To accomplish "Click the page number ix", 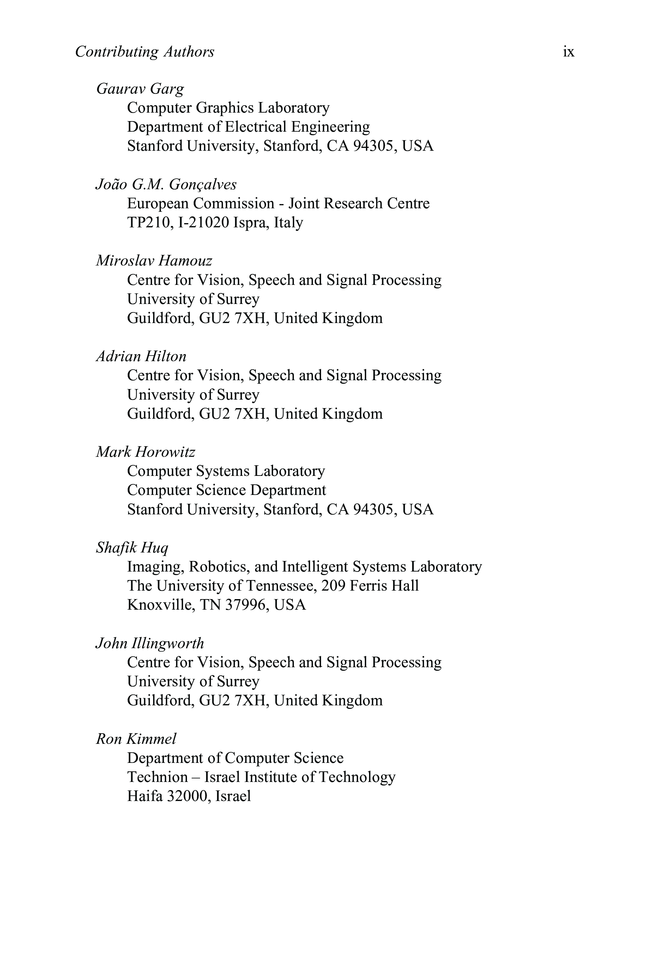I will [568, 52].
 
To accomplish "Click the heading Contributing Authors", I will [145, 52].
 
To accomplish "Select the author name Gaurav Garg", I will [140, 89].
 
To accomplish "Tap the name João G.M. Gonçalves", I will [166, 184].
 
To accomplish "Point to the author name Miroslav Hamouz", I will [154, 261].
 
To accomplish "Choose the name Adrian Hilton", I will [141, 356].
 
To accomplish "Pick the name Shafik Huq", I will [132, 547].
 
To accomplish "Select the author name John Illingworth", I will [150, 643].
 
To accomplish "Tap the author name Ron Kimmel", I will [136, 739].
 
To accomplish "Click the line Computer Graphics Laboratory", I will [228, 108].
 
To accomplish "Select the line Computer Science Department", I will [226, 490].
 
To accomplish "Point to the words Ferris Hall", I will [384, 586].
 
